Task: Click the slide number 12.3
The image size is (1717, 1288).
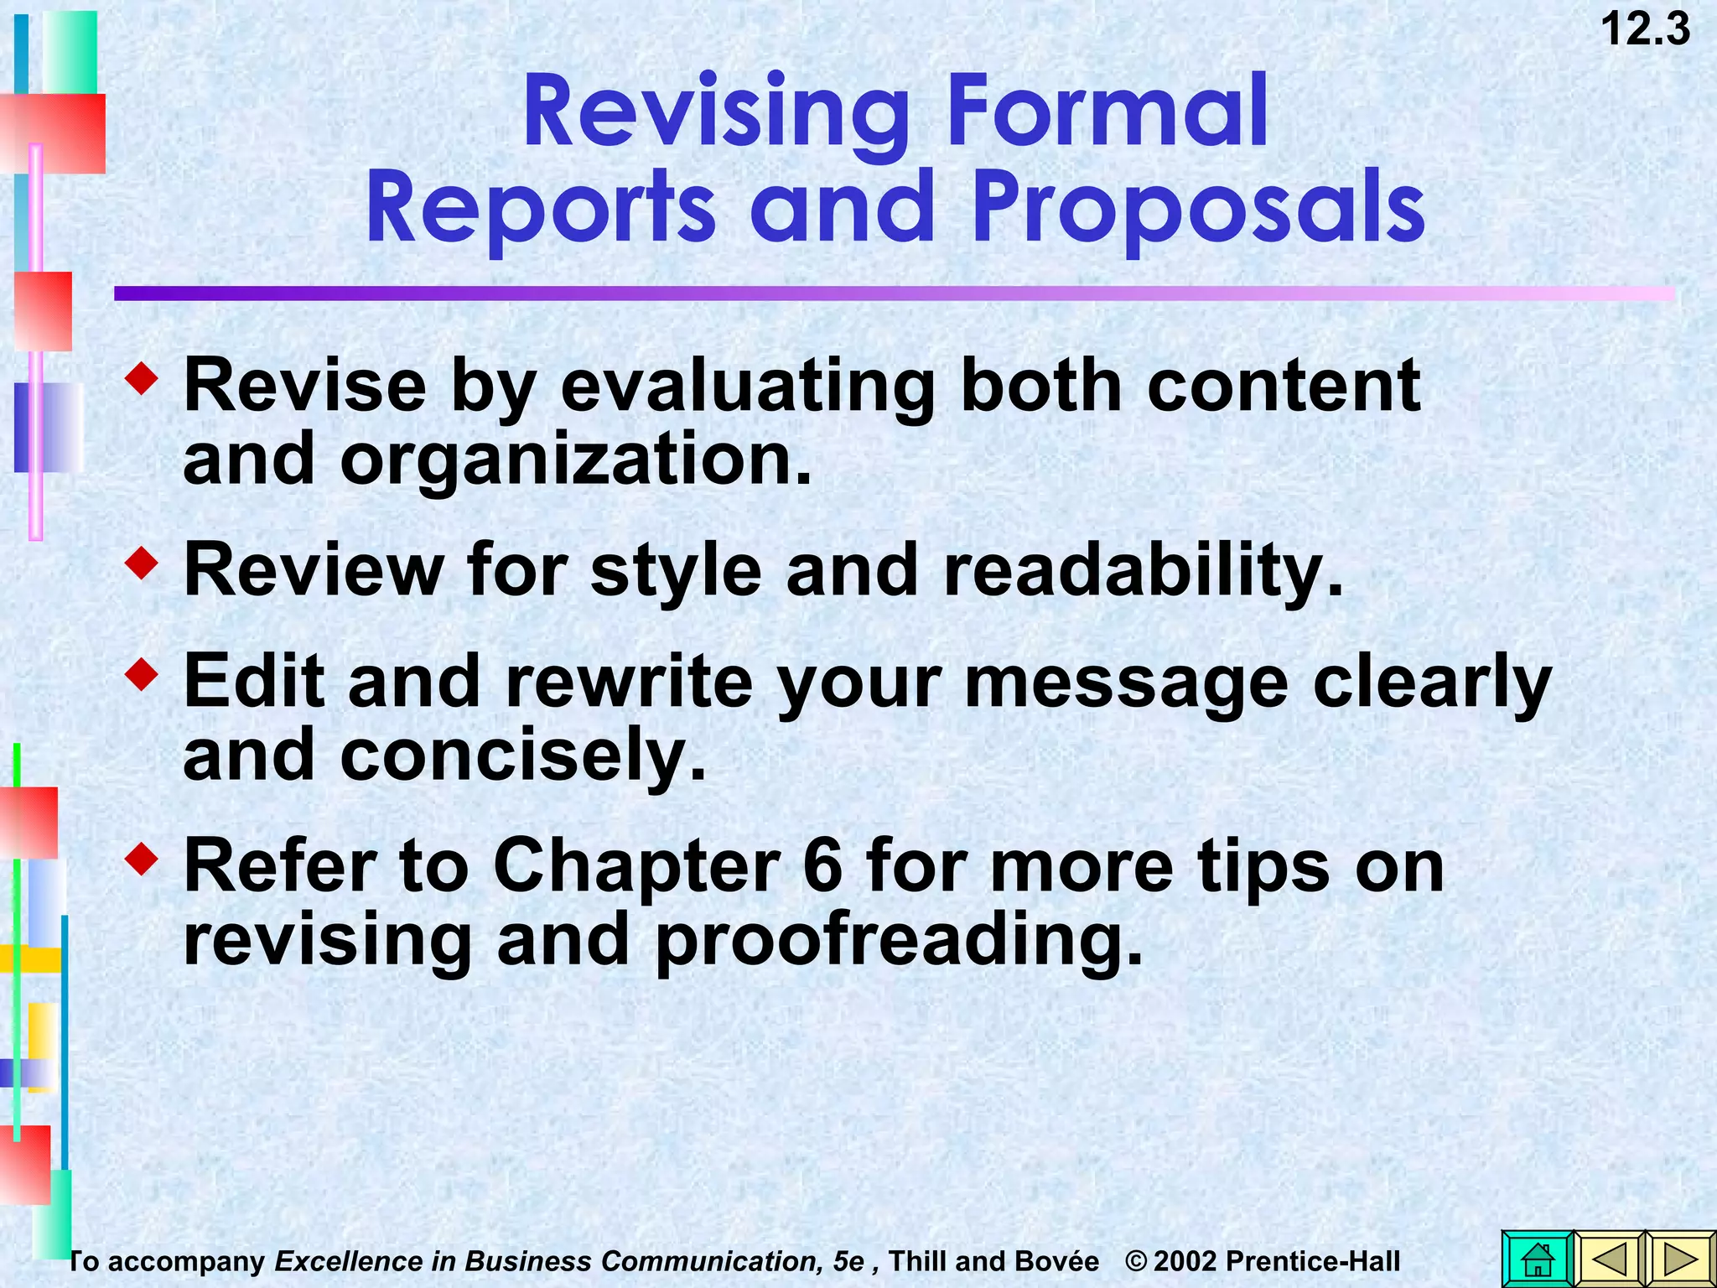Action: point(1645,30)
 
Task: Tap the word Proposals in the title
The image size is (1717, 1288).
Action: point(1198,207)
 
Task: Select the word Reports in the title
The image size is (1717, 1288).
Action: point(541,207)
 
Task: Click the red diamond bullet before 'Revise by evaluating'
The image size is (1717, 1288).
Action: point(141,379)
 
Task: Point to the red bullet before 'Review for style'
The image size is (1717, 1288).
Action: point(141,563)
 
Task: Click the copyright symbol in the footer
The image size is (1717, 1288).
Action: point(1136,1261)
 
